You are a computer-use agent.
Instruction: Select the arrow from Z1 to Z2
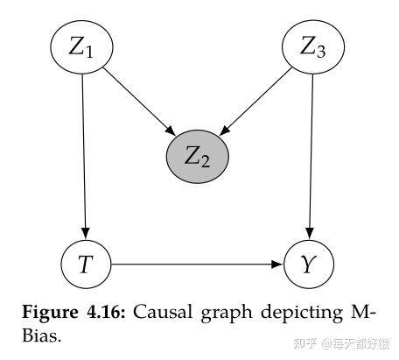pyautogui.click(x=136, y=103)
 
